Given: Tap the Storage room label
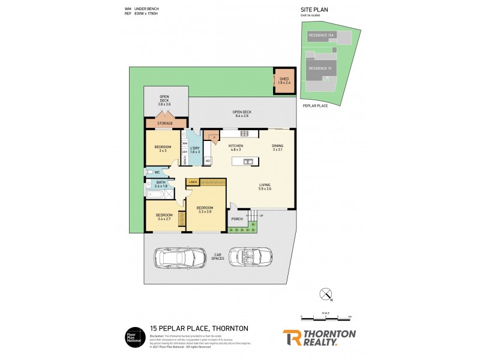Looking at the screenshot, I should (165, 124).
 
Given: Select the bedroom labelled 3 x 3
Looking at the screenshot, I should (163, 149).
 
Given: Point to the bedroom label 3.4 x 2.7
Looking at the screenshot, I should (164, 217).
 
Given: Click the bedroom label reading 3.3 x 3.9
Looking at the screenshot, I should (205, 210).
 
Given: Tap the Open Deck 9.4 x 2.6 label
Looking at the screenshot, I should (242, 114).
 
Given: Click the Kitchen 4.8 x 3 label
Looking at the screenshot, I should (235, 148).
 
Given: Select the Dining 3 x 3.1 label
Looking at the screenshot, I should (277, 148).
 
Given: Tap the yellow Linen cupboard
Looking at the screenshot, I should (193, 182).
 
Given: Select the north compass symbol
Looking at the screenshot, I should (326, 295).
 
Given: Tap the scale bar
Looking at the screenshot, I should (326, 316).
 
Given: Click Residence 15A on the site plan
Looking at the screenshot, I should (321, 36).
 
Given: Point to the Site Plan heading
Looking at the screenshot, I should (314, 10).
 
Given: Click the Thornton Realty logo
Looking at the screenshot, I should (319, 337).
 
